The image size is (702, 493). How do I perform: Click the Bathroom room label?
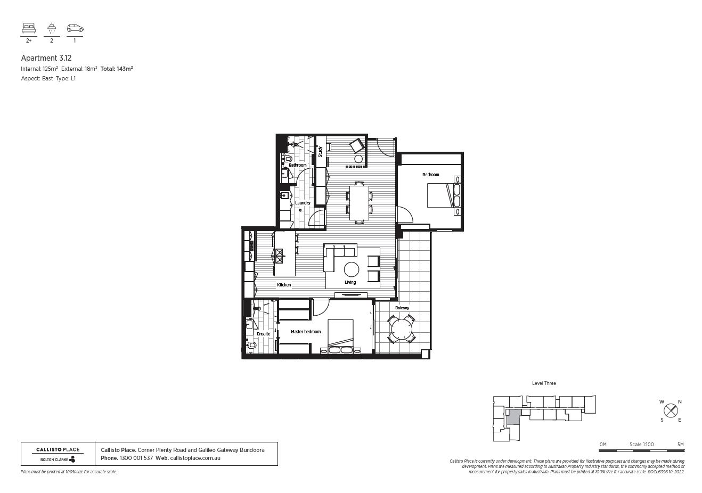pos(298,165)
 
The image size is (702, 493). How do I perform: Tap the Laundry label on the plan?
pos(303,203)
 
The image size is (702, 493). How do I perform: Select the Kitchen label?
pos(284,285)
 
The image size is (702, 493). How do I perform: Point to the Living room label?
pos(350,282)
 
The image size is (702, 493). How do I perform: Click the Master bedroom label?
pos(306,332)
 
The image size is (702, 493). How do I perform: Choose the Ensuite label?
pos(263,334)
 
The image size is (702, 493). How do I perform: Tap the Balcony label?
pos(402,308)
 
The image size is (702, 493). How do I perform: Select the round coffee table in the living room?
pos(352,269)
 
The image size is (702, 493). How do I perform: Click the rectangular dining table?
pos(359,202)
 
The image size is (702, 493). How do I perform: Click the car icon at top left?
pos(75,28)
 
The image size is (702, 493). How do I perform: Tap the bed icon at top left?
pos(29,28)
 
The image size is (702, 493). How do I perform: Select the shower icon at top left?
pos(52,28)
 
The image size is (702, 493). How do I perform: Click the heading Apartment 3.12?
pos(46,57)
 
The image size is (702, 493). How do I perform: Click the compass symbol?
pos(671,410)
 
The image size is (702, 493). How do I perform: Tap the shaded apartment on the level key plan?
pos(513,417)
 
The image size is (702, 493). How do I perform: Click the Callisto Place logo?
pos(58,454)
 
